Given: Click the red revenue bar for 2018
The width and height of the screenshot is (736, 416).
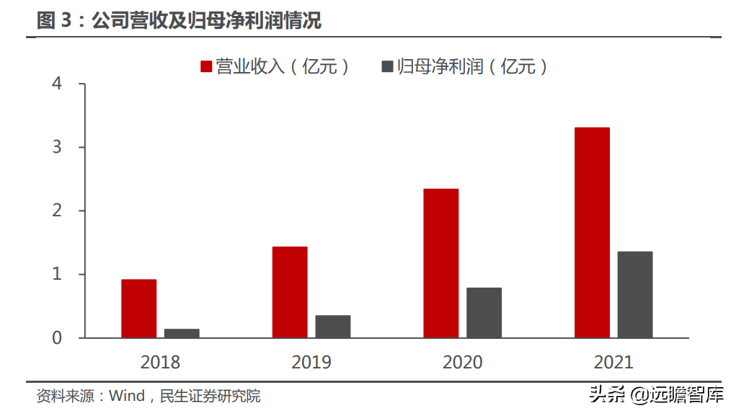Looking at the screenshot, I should (x=138, y=309).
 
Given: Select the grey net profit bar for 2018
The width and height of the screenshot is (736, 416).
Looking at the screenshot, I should (x=182, y=333).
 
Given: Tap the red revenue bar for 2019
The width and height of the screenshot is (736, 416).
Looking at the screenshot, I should (x=290, y=292).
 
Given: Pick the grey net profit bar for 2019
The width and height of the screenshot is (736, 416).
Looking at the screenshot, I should (x=332, y=327).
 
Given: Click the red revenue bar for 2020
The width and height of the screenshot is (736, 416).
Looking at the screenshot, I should (x=440, y=263).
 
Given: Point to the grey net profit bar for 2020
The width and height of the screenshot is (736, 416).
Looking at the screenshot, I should (x=484, y=313).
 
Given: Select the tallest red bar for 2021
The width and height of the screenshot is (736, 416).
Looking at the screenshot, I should (x=592, y=232).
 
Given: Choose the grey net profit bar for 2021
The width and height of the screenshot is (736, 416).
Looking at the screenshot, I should (x=635, y=294).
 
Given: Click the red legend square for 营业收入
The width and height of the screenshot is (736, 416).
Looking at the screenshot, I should (x=206, y=67).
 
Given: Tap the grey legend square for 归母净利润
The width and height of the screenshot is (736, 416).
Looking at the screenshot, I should (x=387, y=67).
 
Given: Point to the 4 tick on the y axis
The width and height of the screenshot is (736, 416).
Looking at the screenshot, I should (x=58, y=84).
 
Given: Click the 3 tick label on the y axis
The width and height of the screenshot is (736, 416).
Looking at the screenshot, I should (x=58, y=148).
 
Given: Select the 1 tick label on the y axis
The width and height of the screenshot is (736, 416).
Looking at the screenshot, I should (x=58, y=275).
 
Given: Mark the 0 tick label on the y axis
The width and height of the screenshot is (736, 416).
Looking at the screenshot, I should (x=58, y=338).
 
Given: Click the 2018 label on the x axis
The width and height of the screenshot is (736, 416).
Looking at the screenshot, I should (x=160, y=362).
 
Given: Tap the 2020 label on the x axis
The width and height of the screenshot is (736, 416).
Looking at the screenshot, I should (x=462, y=362).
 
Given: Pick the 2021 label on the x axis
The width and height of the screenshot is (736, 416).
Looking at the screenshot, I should (x=613, y=362).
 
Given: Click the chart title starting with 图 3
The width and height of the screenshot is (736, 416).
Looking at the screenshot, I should (x=179, y=21).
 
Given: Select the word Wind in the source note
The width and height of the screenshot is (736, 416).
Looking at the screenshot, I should (x=126, y=397).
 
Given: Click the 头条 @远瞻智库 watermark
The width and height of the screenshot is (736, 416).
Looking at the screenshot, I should (x=656, y=394).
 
